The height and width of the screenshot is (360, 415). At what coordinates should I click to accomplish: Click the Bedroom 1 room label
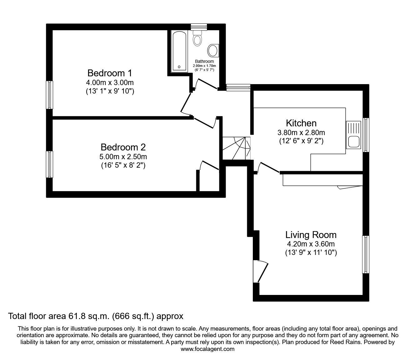pyautogui.click(x=110, y=73)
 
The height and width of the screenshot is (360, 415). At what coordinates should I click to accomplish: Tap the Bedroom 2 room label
pyautogui.click(x=123, y=147)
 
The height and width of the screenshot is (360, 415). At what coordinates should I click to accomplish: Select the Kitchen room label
pyautogui.click(x=301, y=123)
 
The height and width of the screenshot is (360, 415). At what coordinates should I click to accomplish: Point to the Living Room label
pyautogui.click(x=311, y=235)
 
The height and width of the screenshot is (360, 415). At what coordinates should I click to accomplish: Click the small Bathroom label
pyautogui.click(x=204, y=61)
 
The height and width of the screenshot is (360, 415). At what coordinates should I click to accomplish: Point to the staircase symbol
pyautogui.click(x=237, y=148)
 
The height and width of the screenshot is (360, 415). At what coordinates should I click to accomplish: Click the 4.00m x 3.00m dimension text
pyautogui.click(x=110, y=83)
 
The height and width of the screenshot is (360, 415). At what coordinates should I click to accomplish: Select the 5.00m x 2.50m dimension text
pyautogui.click(x=123, y=157)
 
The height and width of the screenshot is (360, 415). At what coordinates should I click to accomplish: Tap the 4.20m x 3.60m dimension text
pyautogui.click(x=311, y=244)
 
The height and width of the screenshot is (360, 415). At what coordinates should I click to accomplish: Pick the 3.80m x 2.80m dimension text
pyautogui.click(x=301, y=133)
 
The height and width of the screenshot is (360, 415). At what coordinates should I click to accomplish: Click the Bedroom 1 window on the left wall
pyautogui.click(x=49, y=95)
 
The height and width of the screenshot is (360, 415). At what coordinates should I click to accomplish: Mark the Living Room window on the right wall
pyautogui.click(x=366, y=254)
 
